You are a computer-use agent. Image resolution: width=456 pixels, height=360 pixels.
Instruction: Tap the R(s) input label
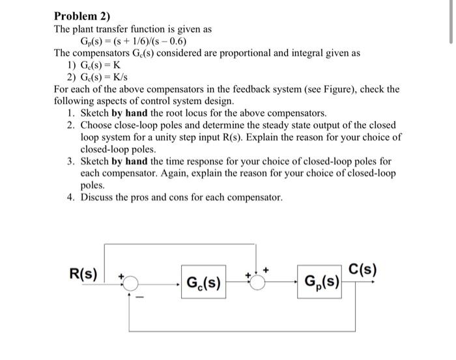coord(83,273)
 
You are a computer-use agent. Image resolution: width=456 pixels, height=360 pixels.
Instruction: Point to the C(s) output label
coord(363,269)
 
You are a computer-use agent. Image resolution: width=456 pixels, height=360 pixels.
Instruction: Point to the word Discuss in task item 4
coord(98,196)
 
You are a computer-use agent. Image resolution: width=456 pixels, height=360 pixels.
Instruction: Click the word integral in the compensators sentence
coord(309,53)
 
